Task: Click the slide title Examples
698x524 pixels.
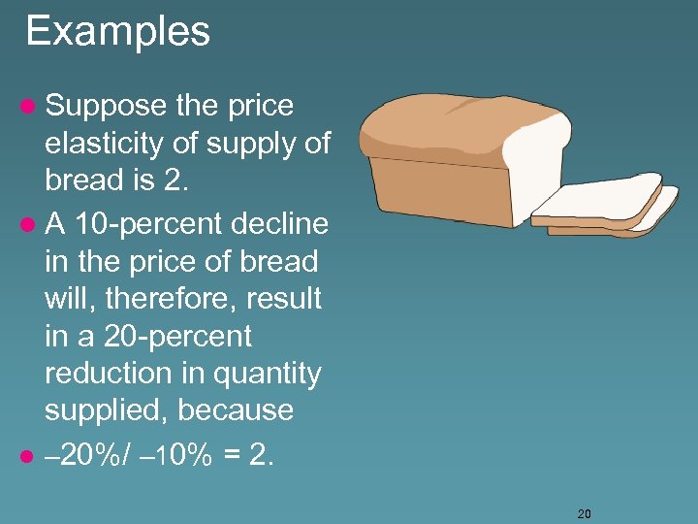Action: click(117, 31)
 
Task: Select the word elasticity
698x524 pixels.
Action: click(104, 144)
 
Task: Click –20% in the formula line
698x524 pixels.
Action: click(82, 456)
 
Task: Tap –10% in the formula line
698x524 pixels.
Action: click(177, 456)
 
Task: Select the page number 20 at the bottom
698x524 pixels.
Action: click(584, 513)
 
